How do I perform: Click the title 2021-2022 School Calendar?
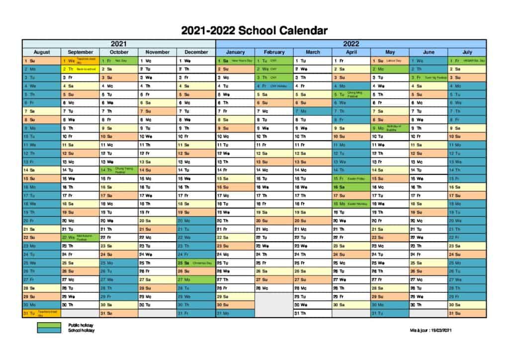(x=254, y=31)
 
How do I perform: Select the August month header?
(x=42, y=52)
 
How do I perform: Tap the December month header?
(x=196, y=52)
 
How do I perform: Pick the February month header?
(x=274, y=52)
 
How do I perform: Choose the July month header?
(x=467, y=52)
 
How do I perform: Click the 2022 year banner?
(x=351, y=44)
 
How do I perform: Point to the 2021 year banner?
(x=119, y=44)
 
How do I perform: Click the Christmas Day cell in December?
(x=196, y=263)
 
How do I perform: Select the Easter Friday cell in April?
(x=351, y=178)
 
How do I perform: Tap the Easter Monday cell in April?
(x=351, y=203)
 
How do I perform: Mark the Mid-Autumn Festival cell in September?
(x=80, y=237)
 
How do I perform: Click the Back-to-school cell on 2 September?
(x=80, y=69)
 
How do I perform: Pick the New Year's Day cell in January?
(x=235, y=61)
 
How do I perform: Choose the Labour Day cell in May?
(x=390, y=61)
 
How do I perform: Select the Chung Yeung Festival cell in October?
(x=119, y=170)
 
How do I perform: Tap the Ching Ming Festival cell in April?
(x=351, y=94)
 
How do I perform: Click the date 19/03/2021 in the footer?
(x=441, y=330)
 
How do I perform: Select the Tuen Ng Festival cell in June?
(x=428, y=78)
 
